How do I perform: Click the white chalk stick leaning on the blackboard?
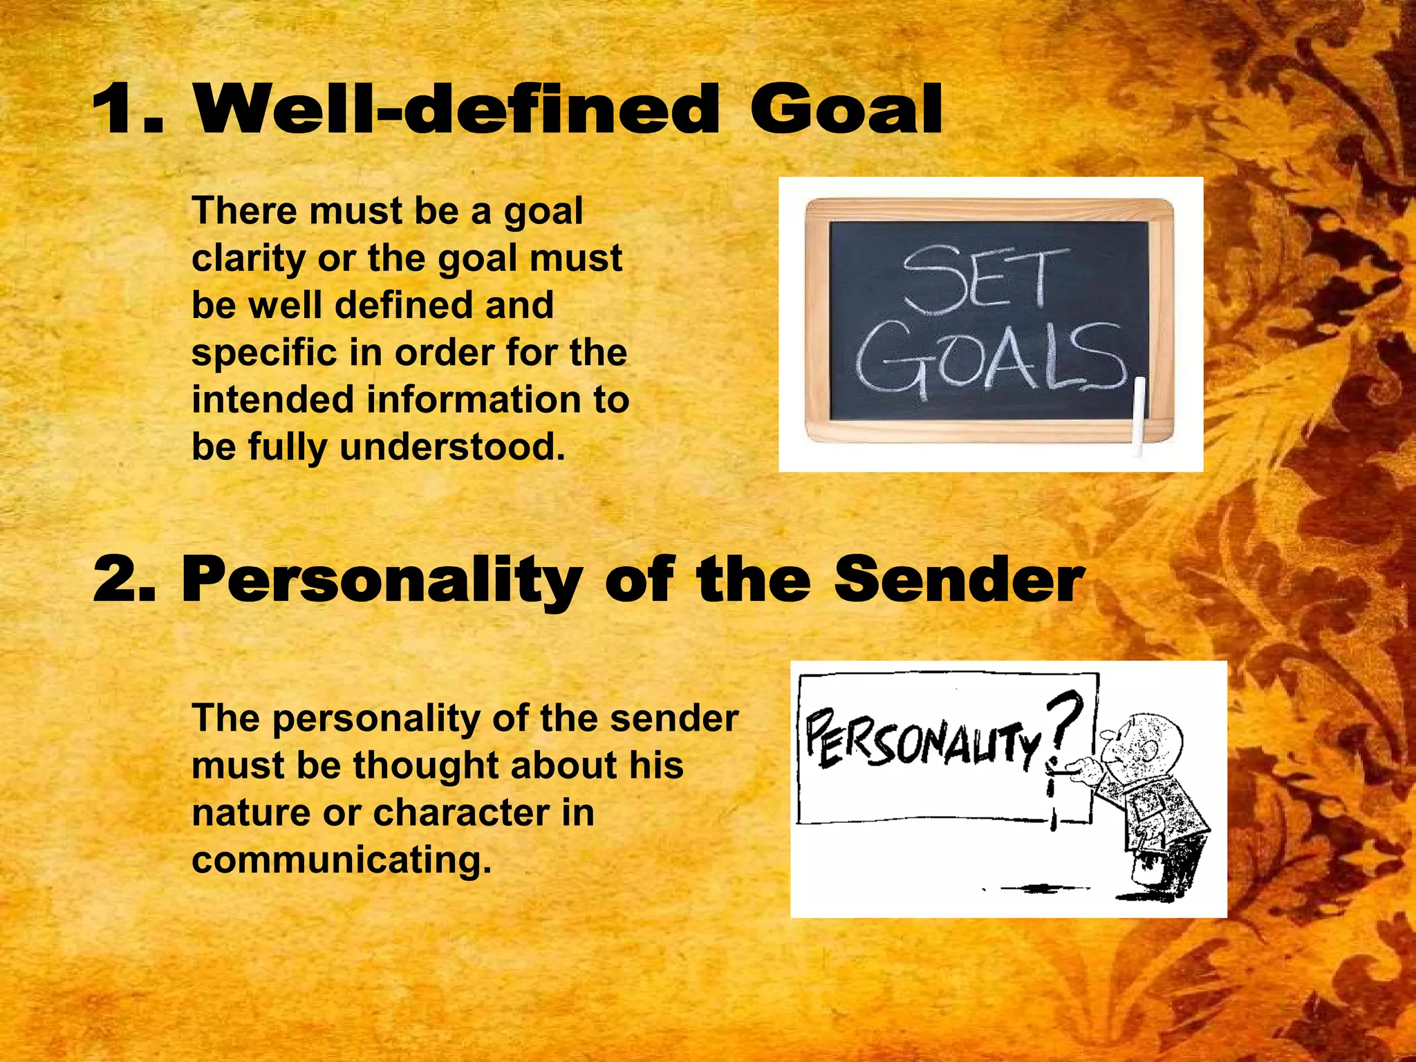pos(1139,415)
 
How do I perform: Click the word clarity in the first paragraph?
pos(249,259)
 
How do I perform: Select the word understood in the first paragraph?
pos(452,447)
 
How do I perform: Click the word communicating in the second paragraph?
pos(341,860)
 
